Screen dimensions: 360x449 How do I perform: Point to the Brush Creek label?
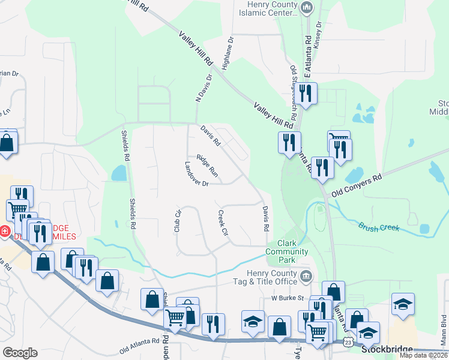point(379,227)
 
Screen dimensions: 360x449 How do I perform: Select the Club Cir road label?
point(177,221)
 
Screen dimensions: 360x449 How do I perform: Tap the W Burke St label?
point(288,298)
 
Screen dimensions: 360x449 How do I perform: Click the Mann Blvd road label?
point(444,333)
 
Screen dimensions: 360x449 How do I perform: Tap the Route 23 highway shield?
point(348,342)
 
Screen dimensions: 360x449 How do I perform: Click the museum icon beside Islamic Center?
point(307,8)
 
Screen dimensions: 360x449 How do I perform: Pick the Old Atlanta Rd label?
point(139,345)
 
